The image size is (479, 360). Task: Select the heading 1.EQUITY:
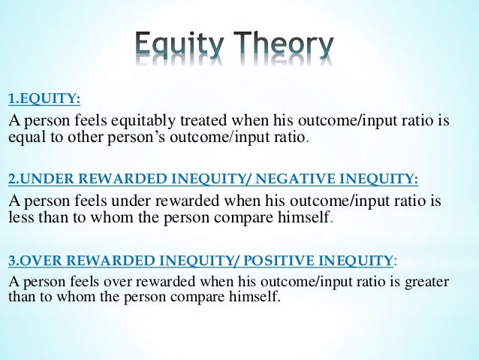tap(44, 99)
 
